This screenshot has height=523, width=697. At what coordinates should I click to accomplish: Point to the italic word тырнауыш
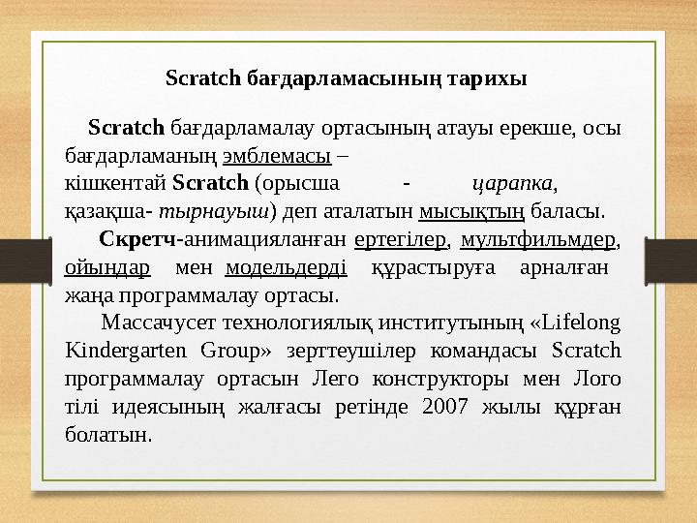coord(215,209)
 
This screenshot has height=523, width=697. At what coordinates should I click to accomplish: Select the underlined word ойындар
coord(106,266)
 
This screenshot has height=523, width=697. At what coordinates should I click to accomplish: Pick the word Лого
coord(601,379)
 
